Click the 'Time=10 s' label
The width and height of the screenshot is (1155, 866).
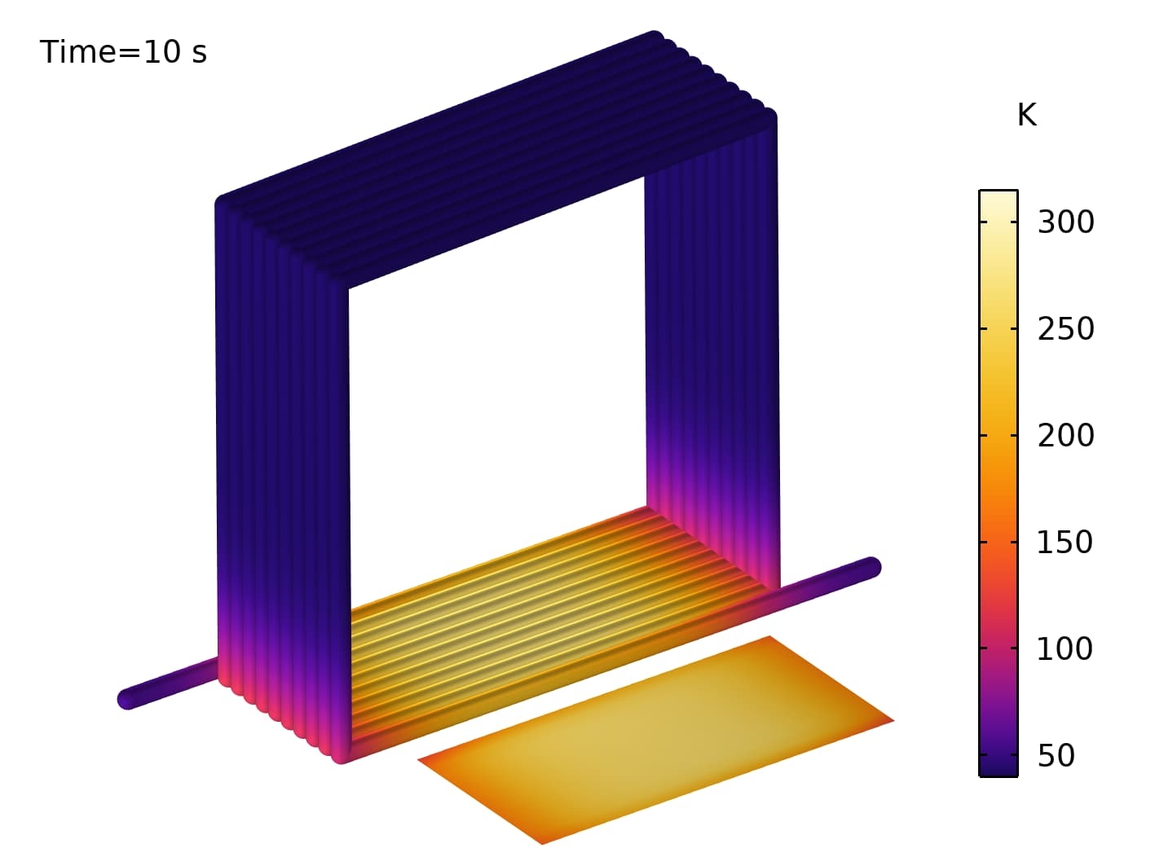[123, 53]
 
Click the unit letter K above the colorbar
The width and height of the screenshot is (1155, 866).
[1026, 115]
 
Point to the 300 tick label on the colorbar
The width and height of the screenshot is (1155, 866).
[1065, 222]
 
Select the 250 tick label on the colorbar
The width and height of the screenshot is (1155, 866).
[1065, 328]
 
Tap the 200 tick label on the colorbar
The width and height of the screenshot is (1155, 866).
[1065, 435]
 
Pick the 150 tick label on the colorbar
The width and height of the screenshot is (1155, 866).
[1065, 542]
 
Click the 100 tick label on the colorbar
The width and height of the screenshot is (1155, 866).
[1065, 648]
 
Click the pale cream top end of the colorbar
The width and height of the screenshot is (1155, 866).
[999, 197]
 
